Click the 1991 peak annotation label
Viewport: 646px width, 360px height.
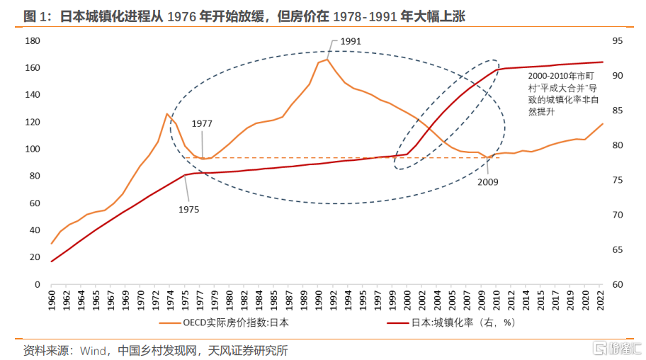point(351,41)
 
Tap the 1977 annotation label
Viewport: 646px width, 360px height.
point(202,123)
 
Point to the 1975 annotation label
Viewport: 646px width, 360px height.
point(188,209)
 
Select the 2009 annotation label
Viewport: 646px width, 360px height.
point(488,182)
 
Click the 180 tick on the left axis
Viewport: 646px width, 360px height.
point(32,41)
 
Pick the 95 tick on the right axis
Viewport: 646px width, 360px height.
point(616,41)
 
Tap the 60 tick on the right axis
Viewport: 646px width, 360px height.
point(616,284)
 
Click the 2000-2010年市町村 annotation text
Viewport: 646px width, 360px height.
point(564,91)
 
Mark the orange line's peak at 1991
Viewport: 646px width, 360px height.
point(327,59)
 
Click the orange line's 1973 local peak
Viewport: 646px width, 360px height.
point(167,113)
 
